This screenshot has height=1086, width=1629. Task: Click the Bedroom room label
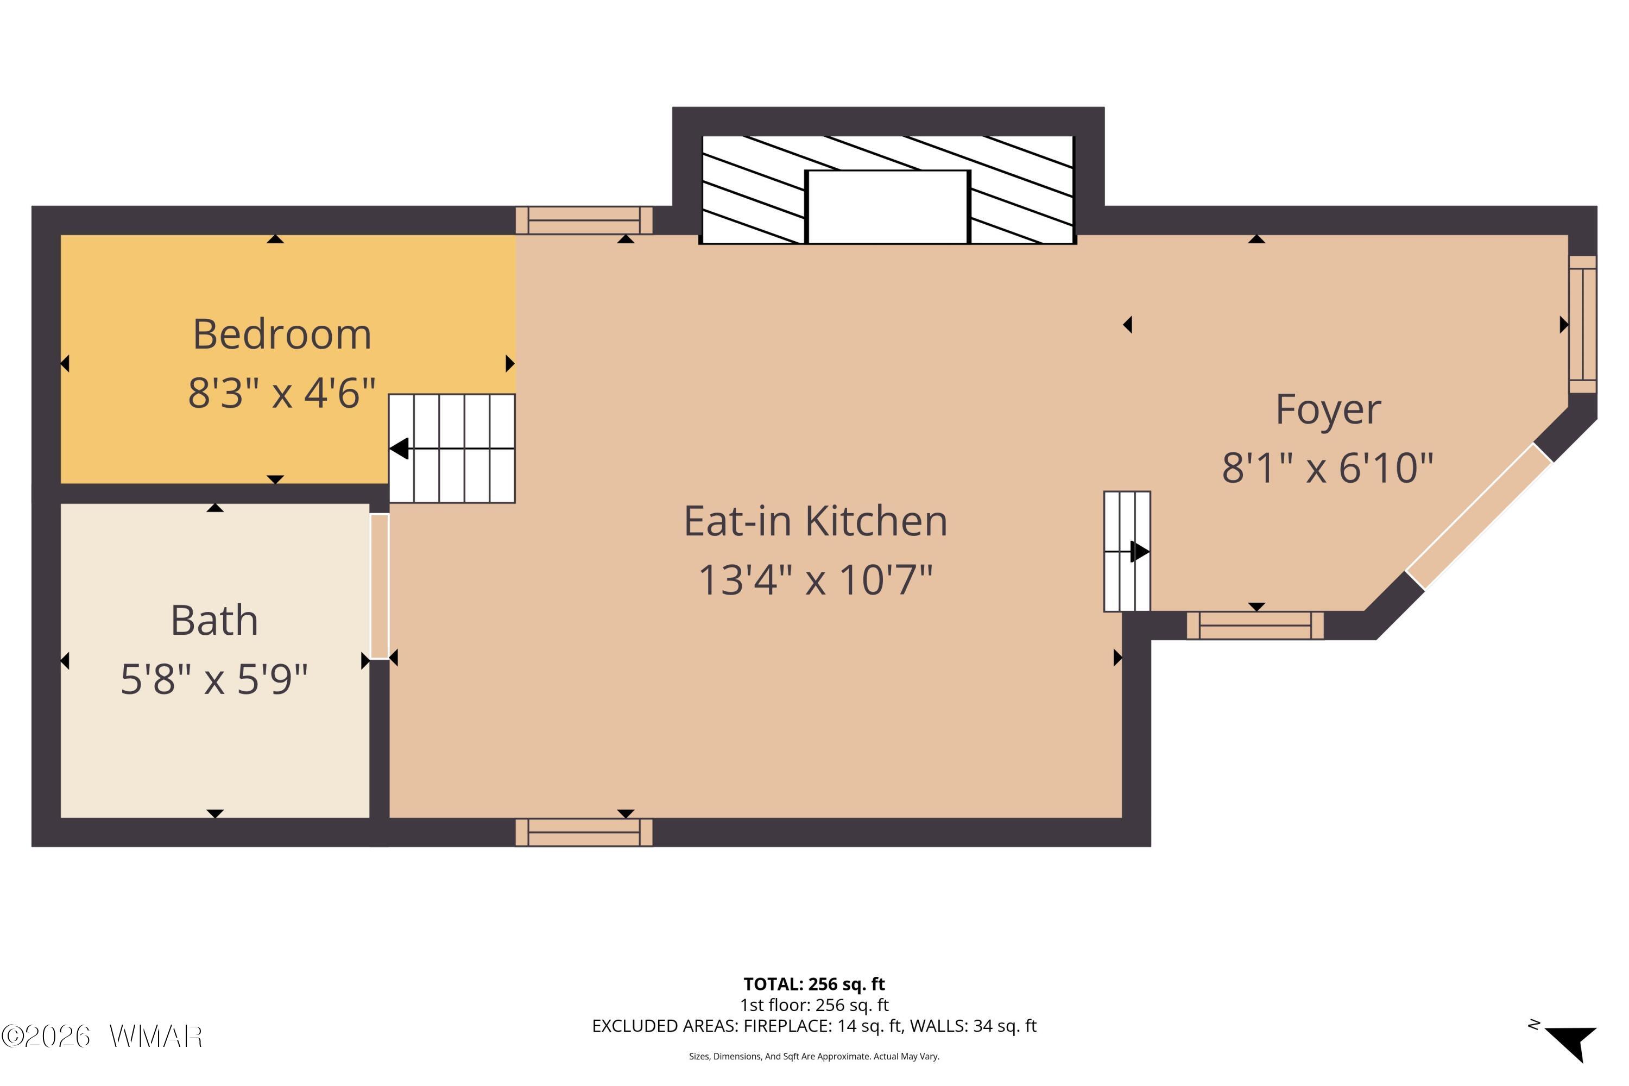click(x=282, y=334)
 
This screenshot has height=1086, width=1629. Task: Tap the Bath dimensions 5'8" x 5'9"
click(x=214, y=679)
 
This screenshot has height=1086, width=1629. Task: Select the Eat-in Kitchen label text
click(x=815, y=521)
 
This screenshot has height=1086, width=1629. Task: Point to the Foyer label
click(x=1328, y=409)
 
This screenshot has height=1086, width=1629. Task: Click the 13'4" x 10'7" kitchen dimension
click(x=815, y=580)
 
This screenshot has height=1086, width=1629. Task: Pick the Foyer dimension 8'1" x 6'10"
click(x=1327, y=468)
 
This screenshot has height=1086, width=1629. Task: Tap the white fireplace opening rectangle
click(x=887, y=207)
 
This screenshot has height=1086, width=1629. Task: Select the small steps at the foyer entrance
click(x=1127, y=551)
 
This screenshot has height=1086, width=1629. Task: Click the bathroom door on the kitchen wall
click(x=380, y=586)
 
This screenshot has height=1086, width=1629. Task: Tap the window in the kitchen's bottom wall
click(x=584, y=832)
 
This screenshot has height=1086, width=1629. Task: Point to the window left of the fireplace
click(x=584, y=220)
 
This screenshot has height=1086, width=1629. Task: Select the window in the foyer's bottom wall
click(x=1255, y=626)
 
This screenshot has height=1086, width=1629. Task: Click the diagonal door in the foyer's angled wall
click(x=1479, y=517)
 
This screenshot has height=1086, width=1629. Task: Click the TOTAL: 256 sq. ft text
click(x=814, y=984)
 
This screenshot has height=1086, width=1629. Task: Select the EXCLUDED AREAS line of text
click(x=814, y=1026)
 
